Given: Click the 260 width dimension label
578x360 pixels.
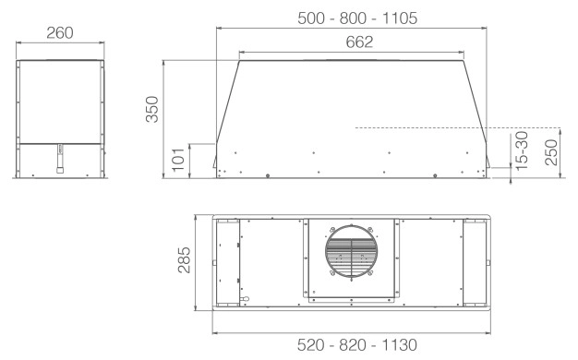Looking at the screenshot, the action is (x=60, y=33).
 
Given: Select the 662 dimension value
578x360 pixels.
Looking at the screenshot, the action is (x=359, y=42).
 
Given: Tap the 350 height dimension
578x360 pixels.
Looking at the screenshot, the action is (x=151, y=109).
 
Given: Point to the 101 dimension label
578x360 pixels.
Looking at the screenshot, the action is (x=178, y=160).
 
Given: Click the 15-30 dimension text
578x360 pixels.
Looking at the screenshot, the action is (x=522, y=150).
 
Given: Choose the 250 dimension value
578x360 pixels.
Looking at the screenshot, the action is (x=551, y=152).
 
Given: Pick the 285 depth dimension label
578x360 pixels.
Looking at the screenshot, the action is (x=184, y=259).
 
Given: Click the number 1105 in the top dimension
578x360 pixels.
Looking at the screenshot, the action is (x=400, y=18).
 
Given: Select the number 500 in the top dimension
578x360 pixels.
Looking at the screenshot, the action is (x=311, y=18).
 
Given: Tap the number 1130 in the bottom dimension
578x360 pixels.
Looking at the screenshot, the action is (x=400, y=345).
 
